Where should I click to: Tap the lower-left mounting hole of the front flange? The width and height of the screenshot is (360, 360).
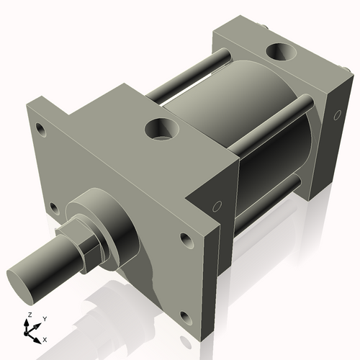pyautogui.click(x=52, y=209)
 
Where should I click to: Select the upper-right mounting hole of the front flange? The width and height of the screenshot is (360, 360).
pyautogui.click(x=186, y=238)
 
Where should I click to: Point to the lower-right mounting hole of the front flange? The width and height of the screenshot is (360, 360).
pyautogui.click(x=185, y=318)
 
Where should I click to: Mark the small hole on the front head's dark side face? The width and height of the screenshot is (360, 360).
pyautogui.click(x=215, y=207)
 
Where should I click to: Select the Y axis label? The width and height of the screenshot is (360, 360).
pyautogui.click(x=44, y=318)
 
